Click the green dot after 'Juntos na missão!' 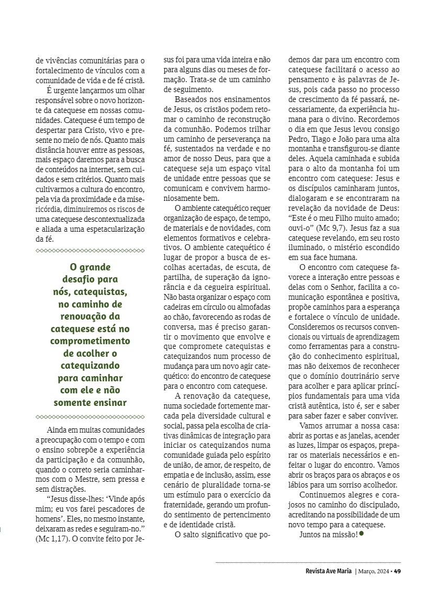click(x=361, y=534)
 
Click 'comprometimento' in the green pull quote click(x=90, y=341)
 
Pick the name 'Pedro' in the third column click(x=299, y=128)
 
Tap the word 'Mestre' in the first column click(x=85, y=479)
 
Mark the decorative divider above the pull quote click(x=90, y=251)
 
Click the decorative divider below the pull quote click(x=90, y=417)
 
